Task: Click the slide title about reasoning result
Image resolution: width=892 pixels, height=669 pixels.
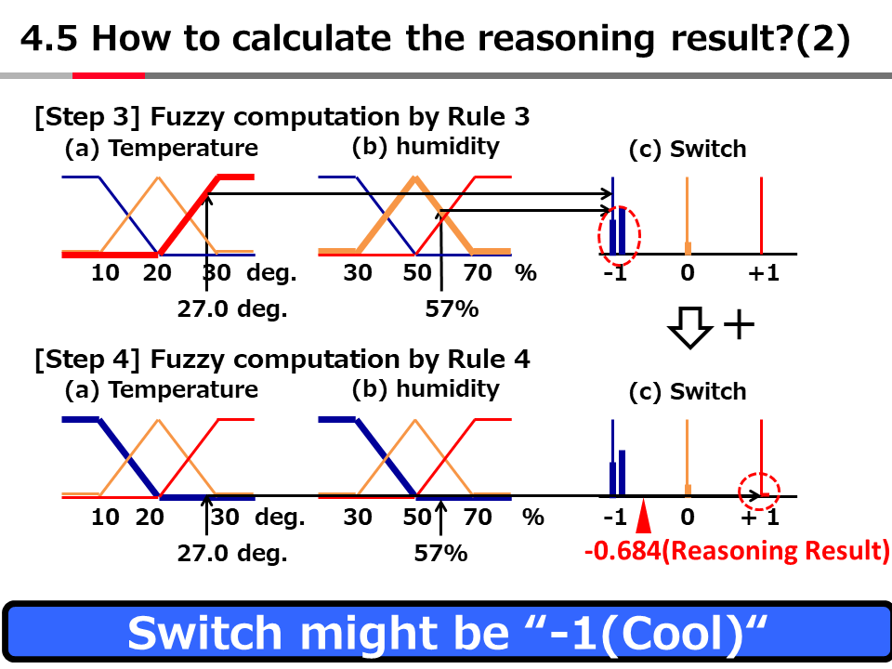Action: pyautogui.click(x=435, y=40)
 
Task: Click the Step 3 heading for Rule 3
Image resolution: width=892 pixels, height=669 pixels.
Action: pyautogui.click(x=282, y=117)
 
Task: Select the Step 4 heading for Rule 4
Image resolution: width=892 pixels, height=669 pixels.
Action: pyautogui.click(x=282, y=359)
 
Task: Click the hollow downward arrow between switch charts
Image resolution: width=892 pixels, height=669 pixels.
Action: pyautogui.click(x=690, y=326)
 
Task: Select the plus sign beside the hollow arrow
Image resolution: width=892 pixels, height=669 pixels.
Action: pyautogui.click(x=738, y=325)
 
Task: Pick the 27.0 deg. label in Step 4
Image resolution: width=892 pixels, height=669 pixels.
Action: pyautogui.click(x=232, y=554)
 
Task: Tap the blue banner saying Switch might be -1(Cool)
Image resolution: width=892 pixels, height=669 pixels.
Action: pyautogui.click(x=446, y=633)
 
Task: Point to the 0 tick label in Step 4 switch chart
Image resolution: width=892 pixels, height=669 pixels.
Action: pyautogui.click(x=687, y=518)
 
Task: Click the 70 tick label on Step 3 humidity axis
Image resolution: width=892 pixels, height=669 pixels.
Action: pyautogui.click(x=477, y=274)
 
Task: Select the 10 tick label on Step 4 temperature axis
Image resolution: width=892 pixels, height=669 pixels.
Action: pyautogui.click(x=105, y=518)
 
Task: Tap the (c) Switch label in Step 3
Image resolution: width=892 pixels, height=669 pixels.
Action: pyautogui.click(x=688, y=149)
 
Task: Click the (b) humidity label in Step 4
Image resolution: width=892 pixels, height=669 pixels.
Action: pyautogui.click(x=426, y=388)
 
